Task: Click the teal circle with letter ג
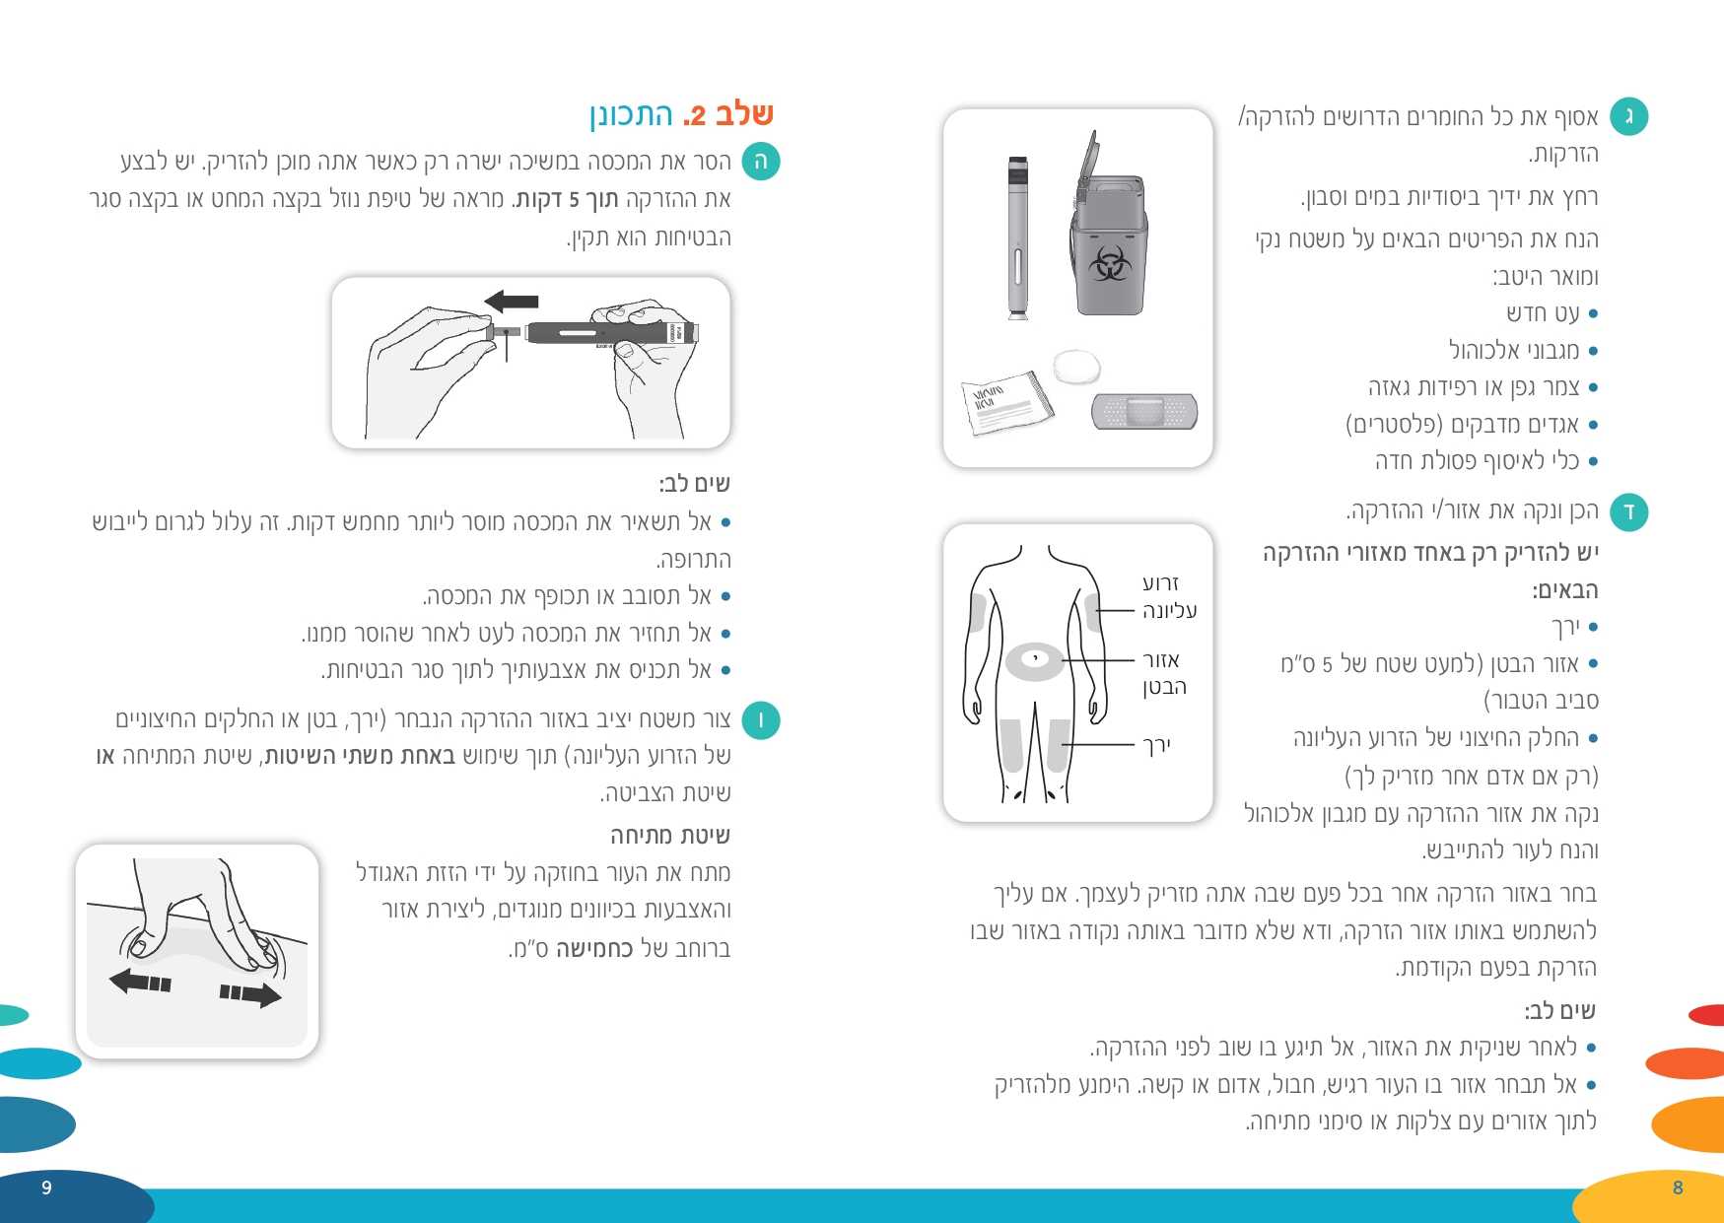pos(1628,117)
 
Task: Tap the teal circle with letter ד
pos(1628,511)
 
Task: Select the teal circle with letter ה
pos(760,162)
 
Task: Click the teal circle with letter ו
pos(760,720)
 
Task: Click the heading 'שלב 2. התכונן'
pos(681,115)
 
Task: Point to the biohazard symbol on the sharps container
pos(1109,264)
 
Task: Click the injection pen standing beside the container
pos(1018,238)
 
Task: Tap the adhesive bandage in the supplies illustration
pos(1144,411)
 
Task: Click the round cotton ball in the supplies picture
pos(1075,367)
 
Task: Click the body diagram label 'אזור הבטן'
pos(1163,673)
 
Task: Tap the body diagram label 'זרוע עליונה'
pos(1169,597)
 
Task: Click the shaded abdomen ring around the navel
pos(1034,661)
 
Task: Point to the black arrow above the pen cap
pos(512,301)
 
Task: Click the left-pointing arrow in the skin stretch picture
pos(140,982)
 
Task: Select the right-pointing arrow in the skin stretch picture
pos(250,993)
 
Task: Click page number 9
pos(46,1188)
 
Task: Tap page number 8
pos(1678,1188)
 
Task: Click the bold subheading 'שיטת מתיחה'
pos(670,836)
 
